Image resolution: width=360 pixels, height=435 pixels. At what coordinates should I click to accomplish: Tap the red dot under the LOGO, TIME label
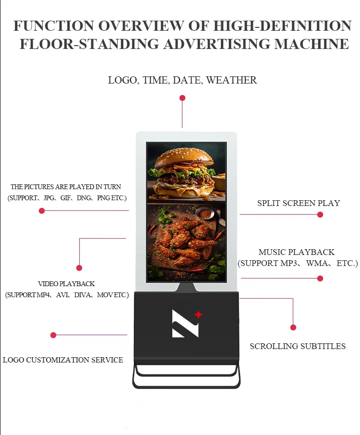[182, 98]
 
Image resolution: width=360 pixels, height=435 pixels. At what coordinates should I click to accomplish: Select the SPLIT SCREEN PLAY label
[299, 203]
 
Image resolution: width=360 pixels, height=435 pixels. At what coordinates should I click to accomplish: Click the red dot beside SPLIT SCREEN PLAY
[320, 215]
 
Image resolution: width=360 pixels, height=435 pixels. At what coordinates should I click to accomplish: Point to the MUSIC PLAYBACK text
[297, 252]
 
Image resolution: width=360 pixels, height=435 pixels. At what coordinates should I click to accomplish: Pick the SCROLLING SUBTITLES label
[298, 346]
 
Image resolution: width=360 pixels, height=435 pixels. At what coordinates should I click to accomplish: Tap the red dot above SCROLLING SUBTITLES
[293, 327]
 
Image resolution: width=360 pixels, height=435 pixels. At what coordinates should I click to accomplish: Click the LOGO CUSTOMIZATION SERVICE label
[63, 360]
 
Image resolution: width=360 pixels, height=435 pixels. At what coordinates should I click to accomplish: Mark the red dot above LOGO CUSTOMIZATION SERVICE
[53, 335]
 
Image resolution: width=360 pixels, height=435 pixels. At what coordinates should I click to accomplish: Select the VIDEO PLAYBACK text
[66, 284]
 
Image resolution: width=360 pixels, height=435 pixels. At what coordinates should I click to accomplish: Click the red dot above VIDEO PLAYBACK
[79, 268]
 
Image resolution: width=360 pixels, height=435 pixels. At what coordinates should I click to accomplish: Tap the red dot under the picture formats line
[42, 211]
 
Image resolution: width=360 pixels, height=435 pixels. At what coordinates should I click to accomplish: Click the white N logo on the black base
[185, 323]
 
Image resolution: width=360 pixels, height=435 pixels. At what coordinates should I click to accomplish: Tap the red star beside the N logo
[198, 315]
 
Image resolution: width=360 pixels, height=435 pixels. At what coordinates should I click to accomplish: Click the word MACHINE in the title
[312, 44]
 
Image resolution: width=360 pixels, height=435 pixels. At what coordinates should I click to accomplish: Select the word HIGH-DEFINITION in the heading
[283, 25]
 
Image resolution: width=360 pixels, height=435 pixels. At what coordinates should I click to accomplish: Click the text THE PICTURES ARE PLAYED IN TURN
[66, 187]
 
